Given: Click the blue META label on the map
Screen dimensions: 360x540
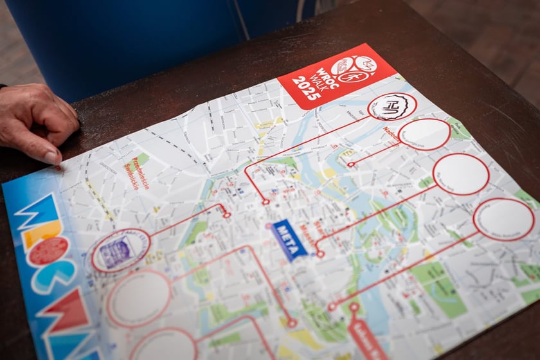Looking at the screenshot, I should point(289,240).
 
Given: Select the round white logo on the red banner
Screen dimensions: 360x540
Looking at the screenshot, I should point(353,68).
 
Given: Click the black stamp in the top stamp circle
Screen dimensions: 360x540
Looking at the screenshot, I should point(392,106).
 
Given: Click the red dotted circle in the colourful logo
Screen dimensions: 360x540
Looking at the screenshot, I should point(49,251).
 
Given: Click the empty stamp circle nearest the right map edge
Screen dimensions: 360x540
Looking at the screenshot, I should point(504,219).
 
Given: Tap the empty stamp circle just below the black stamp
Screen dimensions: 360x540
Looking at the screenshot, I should point(424,134).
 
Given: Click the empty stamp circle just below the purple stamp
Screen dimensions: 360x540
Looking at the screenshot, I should point(139,298).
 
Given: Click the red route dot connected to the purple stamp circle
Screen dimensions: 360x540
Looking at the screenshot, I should point(226,215).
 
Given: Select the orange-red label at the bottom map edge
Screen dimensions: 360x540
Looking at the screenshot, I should point(367,337).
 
